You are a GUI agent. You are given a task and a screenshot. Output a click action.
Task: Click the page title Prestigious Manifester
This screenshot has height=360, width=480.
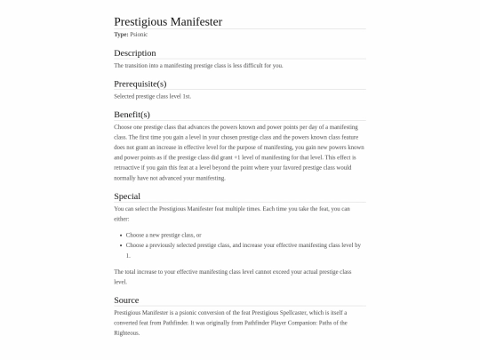tap(168, 20)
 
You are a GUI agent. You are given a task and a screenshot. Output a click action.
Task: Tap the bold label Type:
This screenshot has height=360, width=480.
tap(122, 34)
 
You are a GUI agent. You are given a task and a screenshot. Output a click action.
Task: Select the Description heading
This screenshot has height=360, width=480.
tap(135, 53)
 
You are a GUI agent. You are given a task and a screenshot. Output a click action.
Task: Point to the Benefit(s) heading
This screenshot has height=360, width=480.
tap(132, 115)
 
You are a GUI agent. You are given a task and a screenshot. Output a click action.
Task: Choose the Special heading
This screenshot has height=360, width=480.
tap(127, 196)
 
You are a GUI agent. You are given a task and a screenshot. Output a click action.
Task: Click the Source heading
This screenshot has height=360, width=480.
tap(126, 300)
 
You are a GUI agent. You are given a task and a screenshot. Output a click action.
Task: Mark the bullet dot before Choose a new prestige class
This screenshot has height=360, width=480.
tap(120, 235)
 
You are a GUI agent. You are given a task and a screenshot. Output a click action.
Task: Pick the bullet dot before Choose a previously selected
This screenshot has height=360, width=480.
tap(120, 244)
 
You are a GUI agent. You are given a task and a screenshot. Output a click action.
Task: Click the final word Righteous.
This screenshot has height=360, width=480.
tap(127, 332)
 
